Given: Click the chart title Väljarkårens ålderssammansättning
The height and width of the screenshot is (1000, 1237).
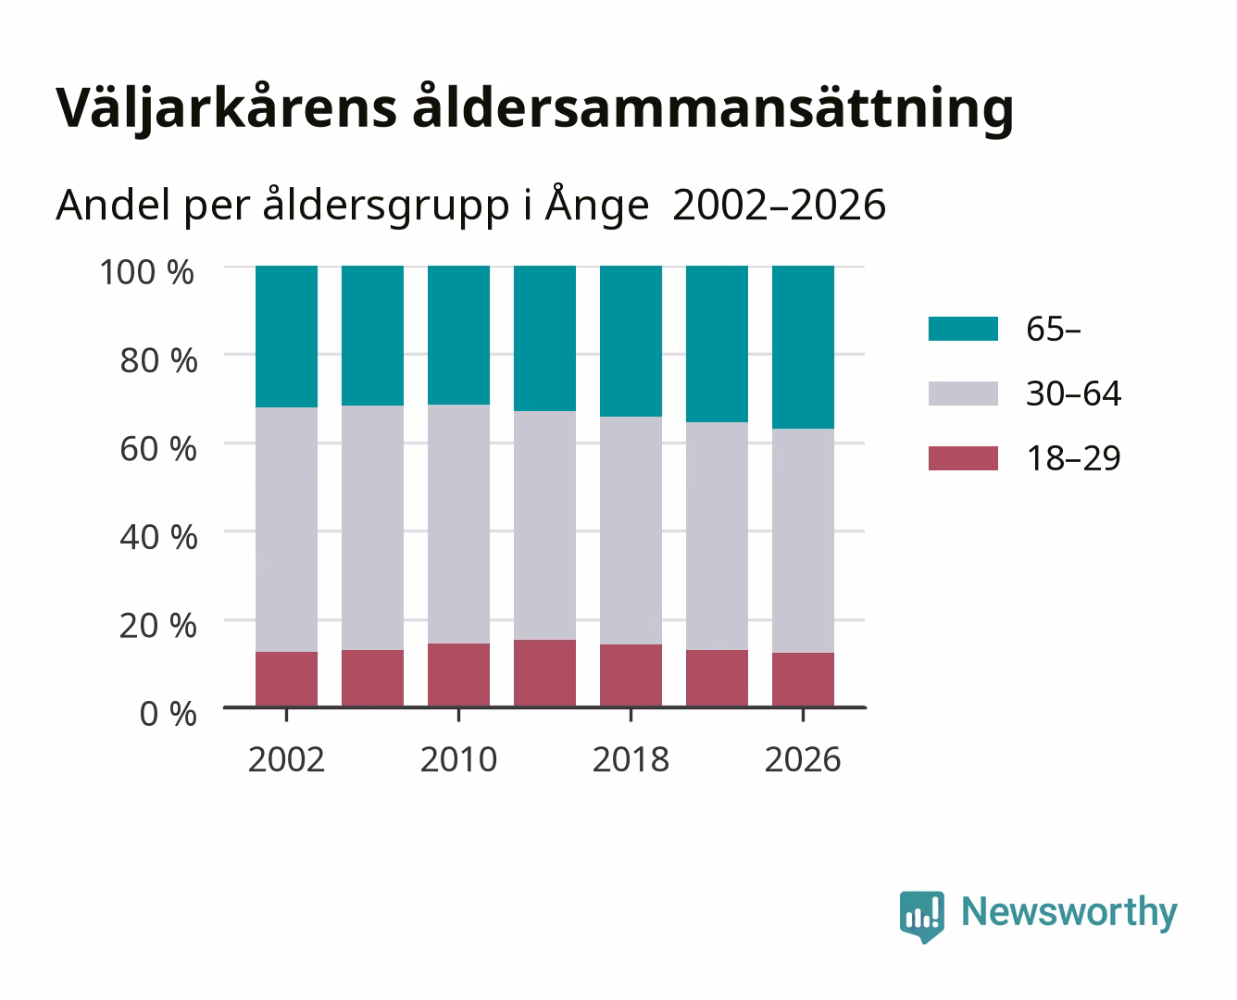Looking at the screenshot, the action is click(534, 108).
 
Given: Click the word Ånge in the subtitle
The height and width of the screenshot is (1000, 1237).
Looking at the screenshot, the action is click(596, 205).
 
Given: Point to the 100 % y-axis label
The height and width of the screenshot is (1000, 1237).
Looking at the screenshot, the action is click(147, 272).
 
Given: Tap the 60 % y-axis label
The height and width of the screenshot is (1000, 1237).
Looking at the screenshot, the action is click(158, 449).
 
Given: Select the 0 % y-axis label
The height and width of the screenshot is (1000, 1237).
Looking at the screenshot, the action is click(168, 714).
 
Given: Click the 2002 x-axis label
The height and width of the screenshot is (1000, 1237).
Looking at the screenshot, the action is click(286, 759).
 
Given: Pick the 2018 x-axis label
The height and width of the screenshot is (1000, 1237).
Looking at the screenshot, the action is click(631, 759).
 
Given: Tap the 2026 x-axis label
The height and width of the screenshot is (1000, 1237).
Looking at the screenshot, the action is click(803, 759).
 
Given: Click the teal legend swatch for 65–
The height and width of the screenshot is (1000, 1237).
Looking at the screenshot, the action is click(963, 329).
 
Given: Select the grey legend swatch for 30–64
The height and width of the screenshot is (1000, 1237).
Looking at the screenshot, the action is click(963, 394).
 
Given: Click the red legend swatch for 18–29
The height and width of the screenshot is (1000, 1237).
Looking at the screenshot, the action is click(963, 458).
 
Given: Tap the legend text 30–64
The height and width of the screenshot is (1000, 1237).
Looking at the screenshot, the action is click(1074, 394).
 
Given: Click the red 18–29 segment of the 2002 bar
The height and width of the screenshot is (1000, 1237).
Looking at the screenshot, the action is click(286, 680).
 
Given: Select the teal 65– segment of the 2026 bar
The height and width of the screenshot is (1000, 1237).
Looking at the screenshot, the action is click(803, 347).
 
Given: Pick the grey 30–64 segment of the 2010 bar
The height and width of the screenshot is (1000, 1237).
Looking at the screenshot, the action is click(459, 524).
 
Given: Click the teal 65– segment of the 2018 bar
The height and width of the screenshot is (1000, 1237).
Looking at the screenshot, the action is click(631, 342).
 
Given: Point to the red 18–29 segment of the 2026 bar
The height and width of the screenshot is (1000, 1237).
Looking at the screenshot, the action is click(803, 680).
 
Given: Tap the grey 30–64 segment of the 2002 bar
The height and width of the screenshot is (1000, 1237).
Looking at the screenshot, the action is click(286, 529).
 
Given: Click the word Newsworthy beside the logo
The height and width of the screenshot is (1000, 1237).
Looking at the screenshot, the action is click(1069, 912).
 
